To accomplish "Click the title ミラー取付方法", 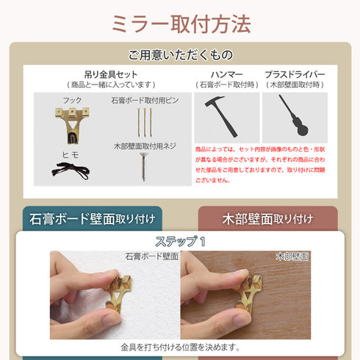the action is [x=181, y=24].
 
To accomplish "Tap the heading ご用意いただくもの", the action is [x=180, y=55].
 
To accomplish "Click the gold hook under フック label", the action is [x=72, y=125].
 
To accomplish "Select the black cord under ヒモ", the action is [x=71, y=170].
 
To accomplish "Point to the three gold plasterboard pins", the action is [x=145, y=123].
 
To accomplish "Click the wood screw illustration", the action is [x=144, y=167].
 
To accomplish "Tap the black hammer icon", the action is [x=221, y=116].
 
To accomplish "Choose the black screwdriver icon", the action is [x=294, y=115].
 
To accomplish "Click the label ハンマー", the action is [x=227, y=74].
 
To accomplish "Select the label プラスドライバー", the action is [x=295, y=74].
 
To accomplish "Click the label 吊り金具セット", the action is [x=111, y=74].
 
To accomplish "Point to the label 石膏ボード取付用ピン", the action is [x=145, y=101].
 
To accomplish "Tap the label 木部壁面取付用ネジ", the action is [x=145, y=146].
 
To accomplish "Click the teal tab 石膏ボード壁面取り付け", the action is [x=93, y=218].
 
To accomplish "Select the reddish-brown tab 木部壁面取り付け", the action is [x=267, y=218].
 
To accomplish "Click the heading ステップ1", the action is [x=180, y=242].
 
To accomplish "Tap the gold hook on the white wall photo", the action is [x=118, y=293].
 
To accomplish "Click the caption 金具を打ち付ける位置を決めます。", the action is [x=180, y=348].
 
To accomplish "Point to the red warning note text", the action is [x=260, y=165].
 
